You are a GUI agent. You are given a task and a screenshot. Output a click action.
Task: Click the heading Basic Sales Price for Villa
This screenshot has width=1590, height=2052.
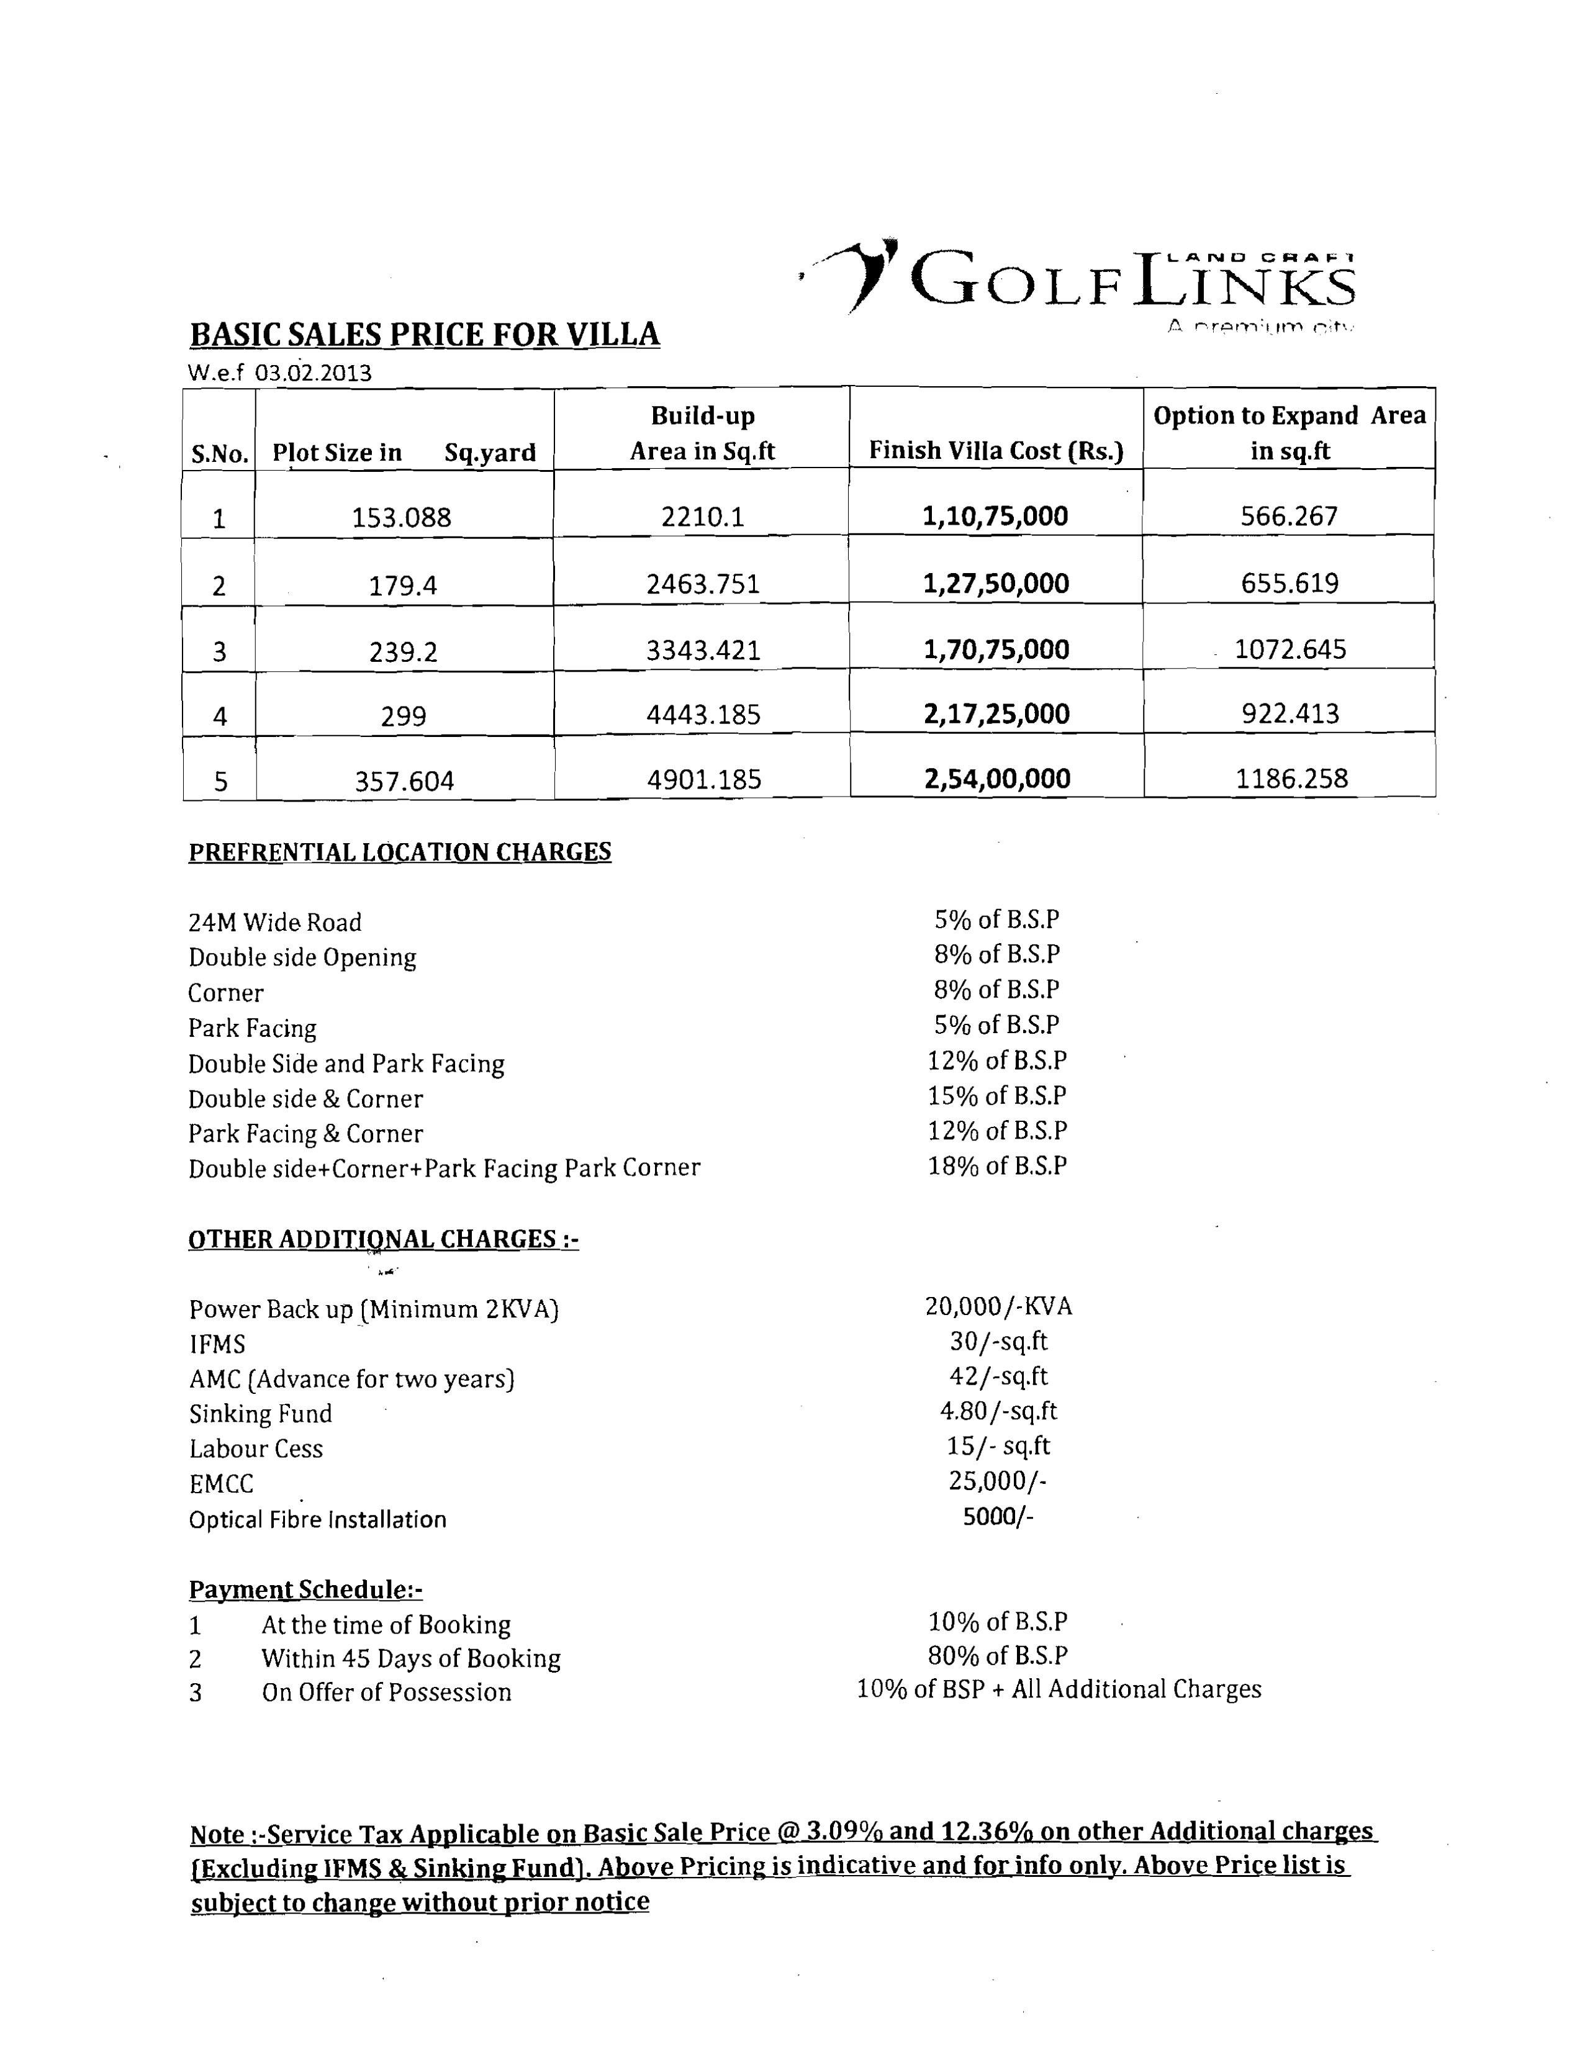point(425,335)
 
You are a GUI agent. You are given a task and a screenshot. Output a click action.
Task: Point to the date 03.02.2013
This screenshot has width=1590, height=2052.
point(314,374)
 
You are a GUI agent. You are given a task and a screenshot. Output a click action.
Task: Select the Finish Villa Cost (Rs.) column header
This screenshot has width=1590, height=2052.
point(996,451)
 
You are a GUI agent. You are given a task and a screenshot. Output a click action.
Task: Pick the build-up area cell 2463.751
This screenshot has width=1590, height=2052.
point(703,584)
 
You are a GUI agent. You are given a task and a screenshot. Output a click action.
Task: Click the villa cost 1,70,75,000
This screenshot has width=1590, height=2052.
point(996,650)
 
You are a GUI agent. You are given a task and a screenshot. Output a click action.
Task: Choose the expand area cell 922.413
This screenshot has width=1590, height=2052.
point(1290,714)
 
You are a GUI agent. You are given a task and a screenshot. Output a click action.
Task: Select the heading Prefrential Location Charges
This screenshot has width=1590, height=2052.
point(399,852)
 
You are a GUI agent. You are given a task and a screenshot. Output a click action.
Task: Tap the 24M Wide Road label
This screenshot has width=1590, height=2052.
point(274,923)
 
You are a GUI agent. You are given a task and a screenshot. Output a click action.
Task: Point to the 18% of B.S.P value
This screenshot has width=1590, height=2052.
point(997,1166)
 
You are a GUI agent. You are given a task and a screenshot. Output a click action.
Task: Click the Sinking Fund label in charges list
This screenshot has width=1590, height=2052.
point(260,1414)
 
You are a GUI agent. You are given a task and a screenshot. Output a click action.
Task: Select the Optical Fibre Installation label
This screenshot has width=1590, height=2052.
point(318,1520)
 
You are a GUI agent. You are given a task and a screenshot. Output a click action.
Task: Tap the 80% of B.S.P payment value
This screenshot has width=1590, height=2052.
point(997,1655)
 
